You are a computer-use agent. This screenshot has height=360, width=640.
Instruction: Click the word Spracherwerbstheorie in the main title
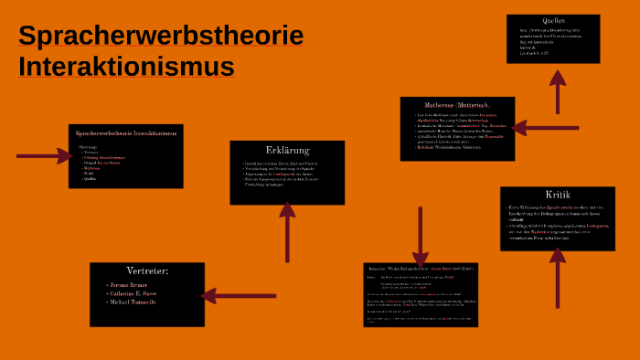161,36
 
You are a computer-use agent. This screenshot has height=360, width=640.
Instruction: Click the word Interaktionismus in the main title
126,67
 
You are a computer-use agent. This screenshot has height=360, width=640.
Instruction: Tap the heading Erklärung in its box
287,150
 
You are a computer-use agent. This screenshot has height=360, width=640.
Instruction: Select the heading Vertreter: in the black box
147,270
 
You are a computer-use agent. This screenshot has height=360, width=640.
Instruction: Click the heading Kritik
558,195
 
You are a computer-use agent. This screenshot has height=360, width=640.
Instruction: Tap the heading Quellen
553,20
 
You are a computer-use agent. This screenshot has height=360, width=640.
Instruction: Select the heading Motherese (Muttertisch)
457,105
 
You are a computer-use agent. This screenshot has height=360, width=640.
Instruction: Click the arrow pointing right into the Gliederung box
44,156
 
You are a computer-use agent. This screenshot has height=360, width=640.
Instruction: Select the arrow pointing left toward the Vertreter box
239,295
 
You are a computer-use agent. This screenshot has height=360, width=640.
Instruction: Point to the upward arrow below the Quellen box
558,91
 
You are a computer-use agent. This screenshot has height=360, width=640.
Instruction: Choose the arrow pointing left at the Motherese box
547,128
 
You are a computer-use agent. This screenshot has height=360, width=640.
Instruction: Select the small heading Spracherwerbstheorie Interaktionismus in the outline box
126,133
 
